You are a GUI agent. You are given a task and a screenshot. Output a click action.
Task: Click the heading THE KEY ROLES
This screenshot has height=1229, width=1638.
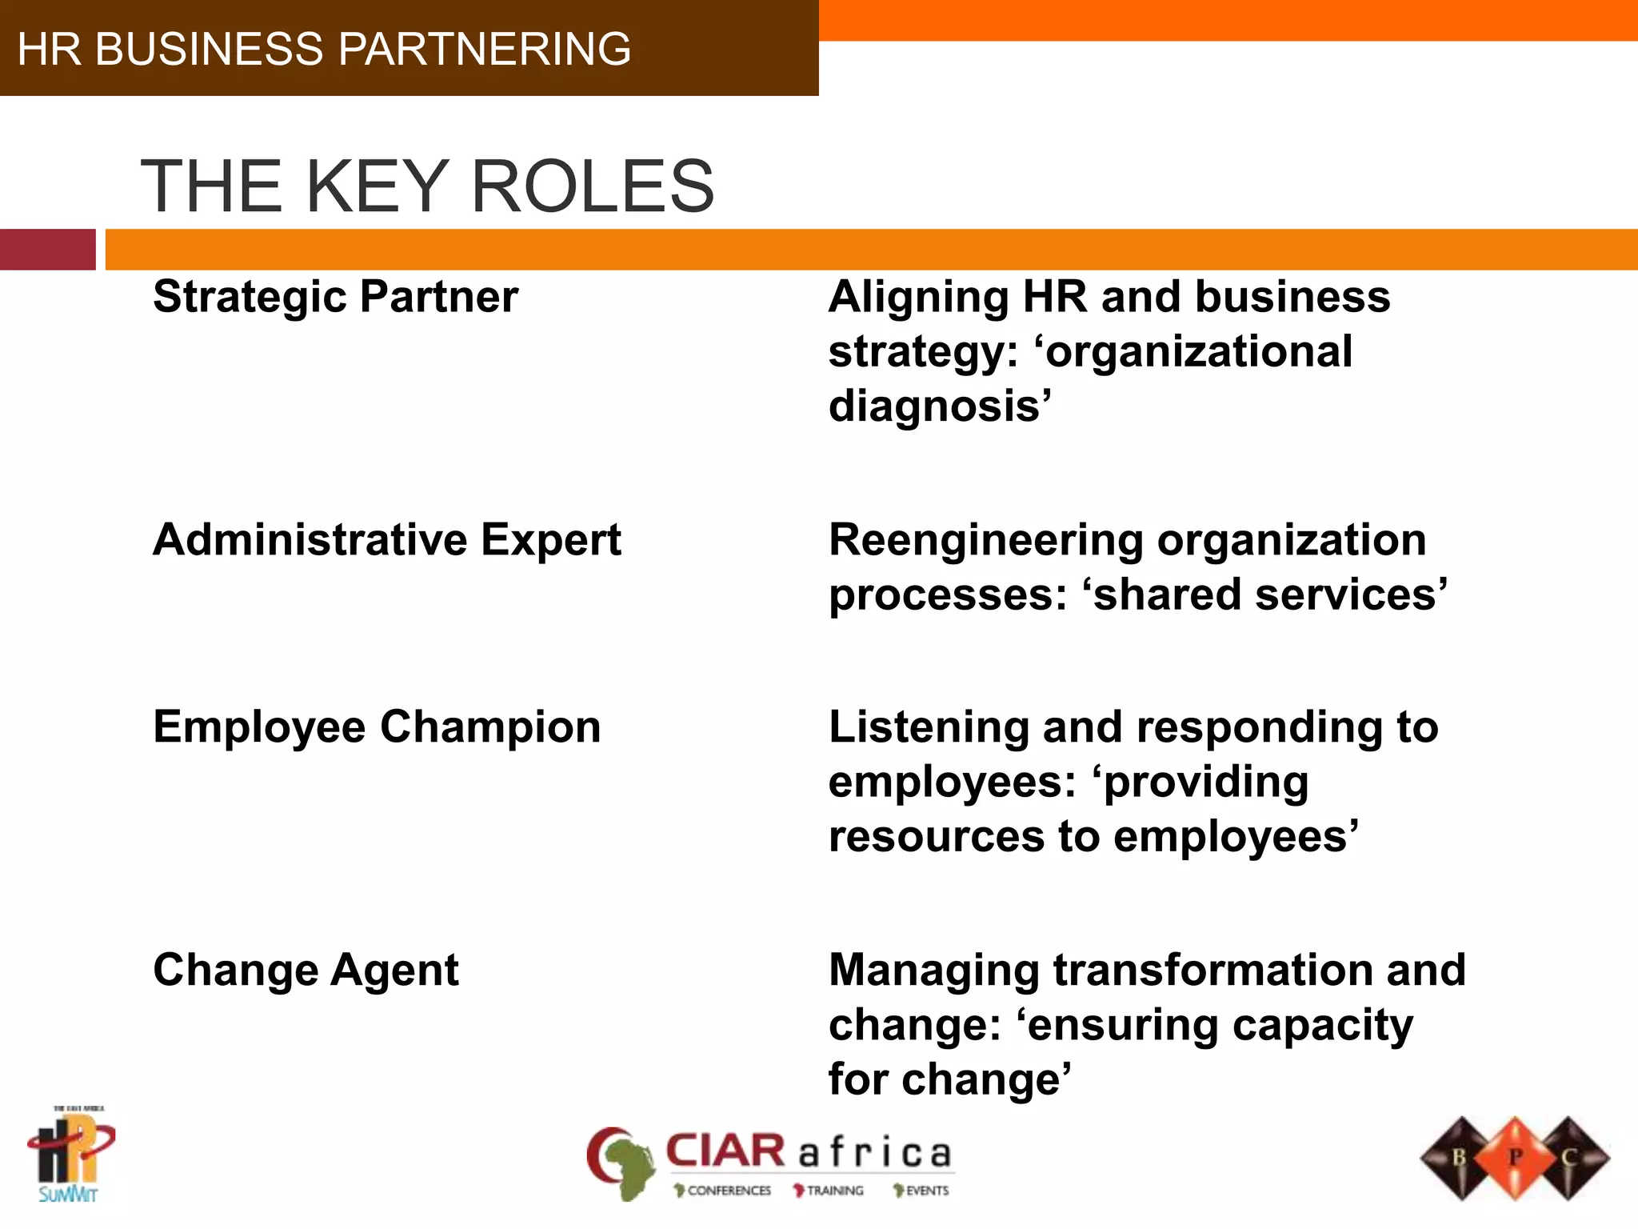point(427,186)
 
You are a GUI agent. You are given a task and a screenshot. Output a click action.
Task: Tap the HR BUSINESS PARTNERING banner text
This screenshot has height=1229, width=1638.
point(324,49)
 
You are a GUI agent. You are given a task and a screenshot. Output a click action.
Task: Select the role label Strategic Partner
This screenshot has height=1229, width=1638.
point(335,297)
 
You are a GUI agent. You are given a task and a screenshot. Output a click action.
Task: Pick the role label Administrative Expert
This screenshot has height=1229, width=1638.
point(387,539)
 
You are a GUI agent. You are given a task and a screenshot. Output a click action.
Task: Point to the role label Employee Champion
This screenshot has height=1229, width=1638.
point(377,727)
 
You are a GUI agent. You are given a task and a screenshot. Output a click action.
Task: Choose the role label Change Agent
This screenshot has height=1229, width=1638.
point(306,970)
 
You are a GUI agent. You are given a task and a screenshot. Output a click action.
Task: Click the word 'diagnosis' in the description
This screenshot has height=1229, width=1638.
point(936,406)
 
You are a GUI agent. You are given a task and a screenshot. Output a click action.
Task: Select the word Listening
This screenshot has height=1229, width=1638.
point(929,728)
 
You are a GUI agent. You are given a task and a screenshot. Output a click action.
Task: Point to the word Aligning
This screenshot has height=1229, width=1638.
point(918,298)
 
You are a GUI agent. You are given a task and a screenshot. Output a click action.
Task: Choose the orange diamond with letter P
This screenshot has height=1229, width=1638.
point(1514,1157)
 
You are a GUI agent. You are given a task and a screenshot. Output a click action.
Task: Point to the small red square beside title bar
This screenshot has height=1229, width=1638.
point(47,250)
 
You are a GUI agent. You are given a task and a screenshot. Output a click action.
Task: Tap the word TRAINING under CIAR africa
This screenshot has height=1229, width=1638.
point(834,1191)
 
